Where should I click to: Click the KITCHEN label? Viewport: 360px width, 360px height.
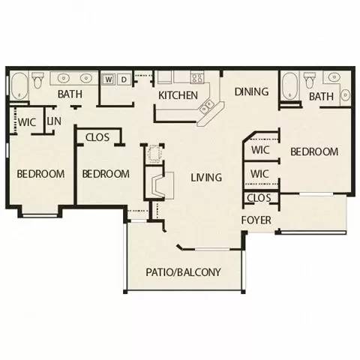[x=178, y=95]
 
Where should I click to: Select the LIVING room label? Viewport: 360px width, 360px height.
[x=205, y=178]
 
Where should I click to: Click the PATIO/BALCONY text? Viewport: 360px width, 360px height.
[x=183, y=272]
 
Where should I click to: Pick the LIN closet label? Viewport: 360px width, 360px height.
[x=54, y=121]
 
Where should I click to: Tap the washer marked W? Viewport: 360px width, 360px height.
[x=109, y=78]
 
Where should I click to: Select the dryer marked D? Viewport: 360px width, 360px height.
[x=124, y=78]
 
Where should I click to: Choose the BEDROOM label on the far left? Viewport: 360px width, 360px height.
[x=40, y=174]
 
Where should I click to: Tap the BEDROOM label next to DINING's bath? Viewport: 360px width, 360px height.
[x=314, y=151]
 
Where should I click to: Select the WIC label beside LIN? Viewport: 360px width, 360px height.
[x=28, y=121]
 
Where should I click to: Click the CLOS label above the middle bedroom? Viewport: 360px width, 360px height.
[x=98, y=137]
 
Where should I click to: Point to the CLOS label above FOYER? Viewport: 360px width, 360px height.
[x=259, y=198]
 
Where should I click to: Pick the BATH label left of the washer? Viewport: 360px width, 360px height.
[x=70, y=95]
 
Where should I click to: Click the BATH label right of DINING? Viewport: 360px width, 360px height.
[x=321, y=97]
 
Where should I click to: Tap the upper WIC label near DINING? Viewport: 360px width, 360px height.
[x=260, y=149]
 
